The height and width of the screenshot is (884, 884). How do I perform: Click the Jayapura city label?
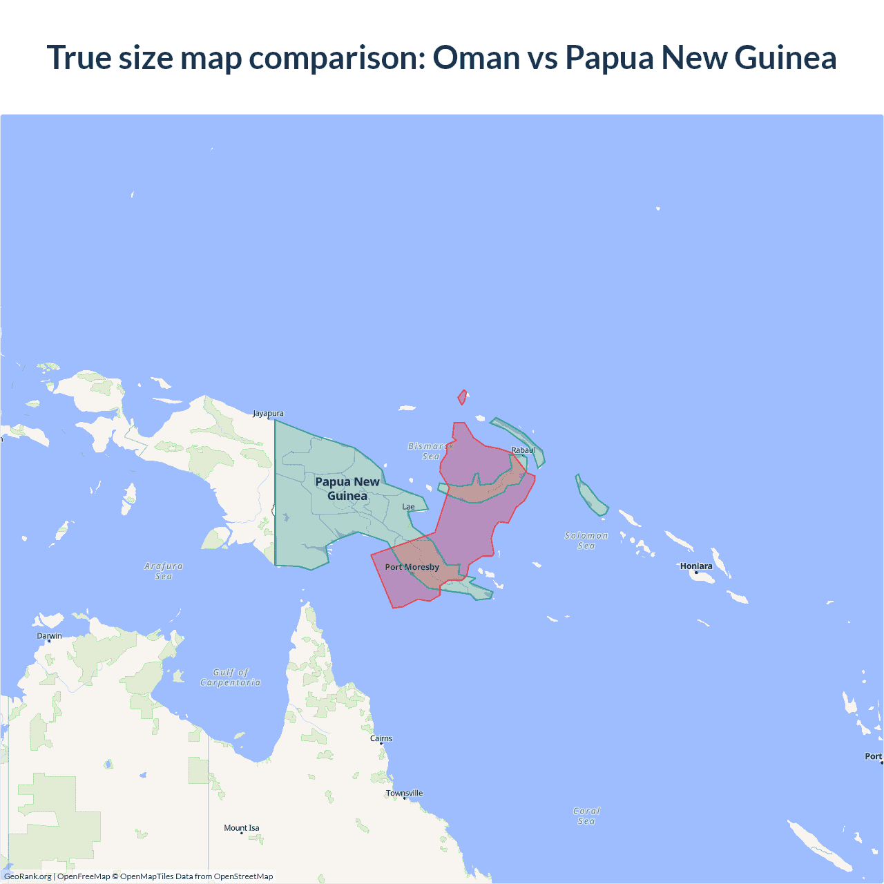(x=268, y=414)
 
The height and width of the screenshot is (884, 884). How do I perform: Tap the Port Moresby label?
(x=412, y=567)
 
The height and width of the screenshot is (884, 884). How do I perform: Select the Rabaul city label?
(x=523, y=450)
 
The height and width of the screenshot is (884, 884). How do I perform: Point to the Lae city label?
(x=409, y=507)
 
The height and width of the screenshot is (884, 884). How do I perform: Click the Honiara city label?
(x=696, y=566)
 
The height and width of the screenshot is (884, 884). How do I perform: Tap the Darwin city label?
(x=50, y=636)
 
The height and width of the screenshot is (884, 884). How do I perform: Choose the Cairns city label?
(x=381, y=738)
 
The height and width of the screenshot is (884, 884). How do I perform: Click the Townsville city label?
(x=405, y=793)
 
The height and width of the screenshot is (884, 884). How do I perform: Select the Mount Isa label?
(x=242, y=828)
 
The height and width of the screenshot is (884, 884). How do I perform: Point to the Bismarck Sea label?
(x=430, y=451)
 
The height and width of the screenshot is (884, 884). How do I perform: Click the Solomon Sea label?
(x=586, y=541)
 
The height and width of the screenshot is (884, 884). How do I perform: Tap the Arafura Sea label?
(x=164, y=571)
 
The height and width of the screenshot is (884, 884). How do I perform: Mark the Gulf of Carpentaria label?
(x=231, y=678)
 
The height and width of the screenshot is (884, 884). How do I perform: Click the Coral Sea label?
(x=586, y=816)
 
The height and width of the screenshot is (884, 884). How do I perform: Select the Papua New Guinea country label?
(x=347, y=488)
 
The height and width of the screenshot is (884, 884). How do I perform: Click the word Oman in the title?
(x=476, y=57)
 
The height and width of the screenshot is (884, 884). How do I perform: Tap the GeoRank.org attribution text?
(x=28, y=876)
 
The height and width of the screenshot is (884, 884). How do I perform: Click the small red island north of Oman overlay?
(x=462, y=397)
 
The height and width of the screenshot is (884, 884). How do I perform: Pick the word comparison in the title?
(x=336, y=57)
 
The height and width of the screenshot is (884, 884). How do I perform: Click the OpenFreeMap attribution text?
(x=84, y=876)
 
